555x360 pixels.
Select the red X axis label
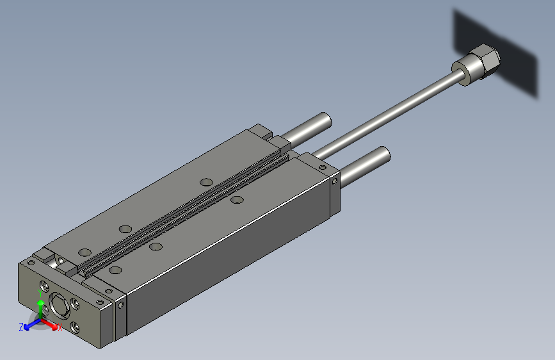60,329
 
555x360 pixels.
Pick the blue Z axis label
21,327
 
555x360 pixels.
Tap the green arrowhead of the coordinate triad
41,301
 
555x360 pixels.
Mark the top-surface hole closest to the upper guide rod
205,182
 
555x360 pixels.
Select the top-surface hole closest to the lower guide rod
237,200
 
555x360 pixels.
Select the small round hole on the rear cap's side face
337,181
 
